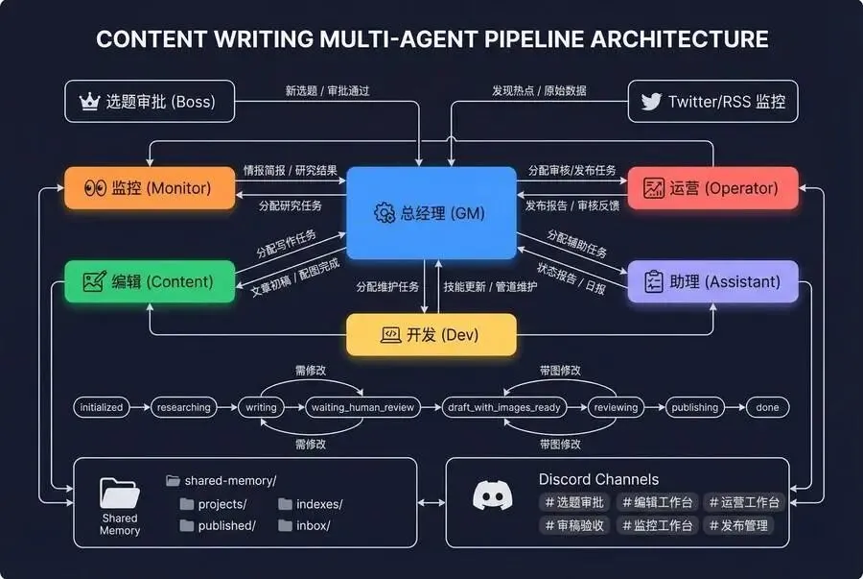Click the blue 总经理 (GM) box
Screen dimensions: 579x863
(431, 213)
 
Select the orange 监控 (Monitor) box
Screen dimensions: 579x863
(149, 188)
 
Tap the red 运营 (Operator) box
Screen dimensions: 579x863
(712, 188)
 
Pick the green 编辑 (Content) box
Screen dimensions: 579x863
(149, 281)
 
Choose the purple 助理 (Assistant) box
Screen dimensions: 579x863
(712, 281)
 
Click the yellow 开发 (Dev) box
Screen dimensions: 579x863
(431, 335)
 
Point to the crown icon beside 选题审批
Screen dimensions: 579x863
(89, 101)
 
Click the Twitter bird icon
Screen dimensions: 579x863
(651, 101)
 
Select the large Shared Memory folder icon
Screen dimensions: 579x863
(120, 493)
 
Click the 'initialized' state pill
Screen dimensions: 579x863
(102, 407)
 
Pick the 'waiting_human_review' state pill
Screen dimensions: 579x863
(362, 407)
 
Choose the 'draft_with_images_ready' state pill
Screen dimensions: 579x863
(503, 407)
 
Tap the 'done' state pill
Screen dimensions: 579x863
(767, 407)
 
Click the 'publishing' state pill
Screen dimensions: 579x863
(694, 407)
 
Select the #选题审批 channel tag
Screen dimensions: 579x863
(574, 502)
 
